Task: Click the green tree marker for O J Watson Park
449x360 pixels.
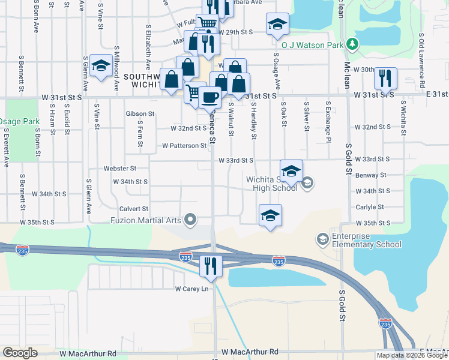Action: [353, 44]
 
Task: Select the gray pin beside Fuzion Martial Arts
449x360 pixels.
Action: [191, 220]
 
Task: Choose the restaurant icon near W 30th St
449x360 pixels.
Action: [385, 77]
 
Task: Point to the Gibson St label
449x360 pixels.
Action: [140, 113]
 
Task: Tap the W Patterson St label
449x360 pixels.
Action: [184, 146]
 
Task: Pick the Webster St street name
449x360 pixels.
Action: [120, 169]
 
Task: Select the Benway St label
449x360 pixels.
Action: [370, 175]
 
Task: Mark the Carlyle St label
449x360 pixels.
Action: [369, 207]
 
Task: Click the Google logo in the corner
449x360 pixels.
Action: [20, 353]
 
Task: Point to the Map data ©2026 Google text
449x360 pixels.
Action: [412, 355]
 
